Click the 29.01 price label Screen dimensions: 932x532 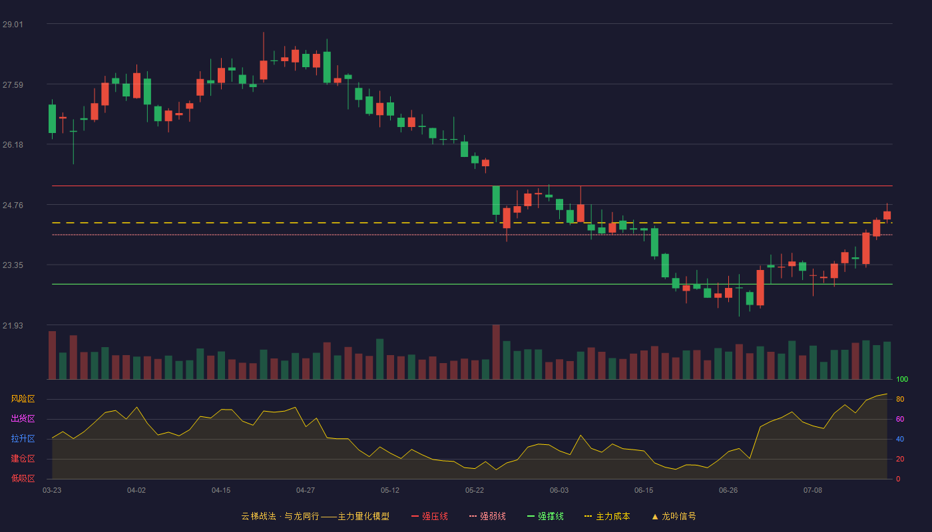click(13, 24)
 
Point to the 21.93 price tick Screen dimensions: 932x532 click(13, 325)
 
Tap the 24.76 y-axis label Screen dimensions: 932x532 click(13, 205)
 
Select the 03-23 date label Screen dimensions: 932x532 click(52, 491)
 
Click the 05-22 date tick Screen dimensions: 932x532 click(474, 491)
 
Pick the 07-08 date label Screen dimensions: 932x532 click(813, 491)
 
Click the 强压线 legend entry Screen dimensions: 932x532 click(429, 516)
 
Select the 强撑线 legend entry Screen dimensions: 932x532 click(545, 516)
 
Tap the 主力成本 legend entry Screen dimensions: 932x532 click(607, 516)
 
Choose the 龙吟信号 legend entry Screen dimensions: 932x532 click(674, 516)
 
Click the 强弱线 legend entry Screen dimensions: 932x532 click(487, 516)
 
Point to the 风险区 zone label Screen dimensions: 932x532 click(23, 398)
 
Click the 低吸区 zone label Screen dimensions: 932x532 click(23, 478)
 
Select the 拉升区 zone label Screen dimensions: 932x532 click(23, 438)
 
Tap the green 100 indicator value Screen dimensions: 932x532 click(902, 379)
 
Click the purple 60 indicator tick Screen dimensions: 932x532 click(900, 419)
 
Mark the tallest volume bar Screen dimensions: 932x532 click(496, 352)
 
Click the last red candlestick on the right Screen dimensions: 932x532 click(887, 215)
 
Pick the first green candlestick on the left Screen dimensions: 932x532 click(52, 118)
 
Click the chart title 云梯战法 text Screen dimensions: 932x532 click(258, 516)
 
